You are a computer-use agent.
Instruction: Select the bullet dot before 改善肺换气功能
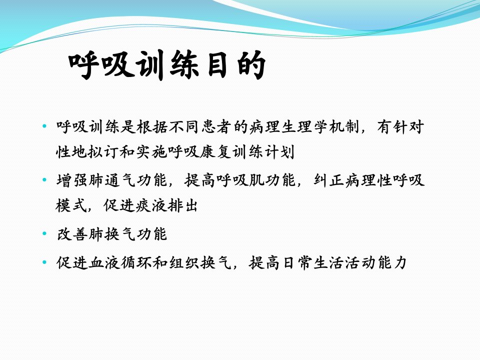45,233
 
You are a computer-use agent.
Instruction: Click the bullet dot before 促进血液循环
45,262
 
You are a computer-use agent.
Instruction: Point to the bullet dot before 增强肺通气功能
45,179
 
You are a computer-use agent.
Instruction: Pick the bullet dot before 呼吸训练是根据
45,126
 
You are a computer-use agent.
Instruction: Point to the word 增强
72,180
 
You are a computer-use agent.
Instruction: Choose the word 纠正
329,180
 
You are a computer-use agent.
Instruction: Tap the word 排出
182,205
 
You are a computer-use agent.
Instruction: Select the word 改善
72,234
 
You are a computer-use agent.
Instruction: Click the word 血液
104,262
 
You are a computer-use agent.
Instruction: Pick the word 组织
184,262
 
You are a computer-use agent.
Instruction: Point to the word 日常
296,262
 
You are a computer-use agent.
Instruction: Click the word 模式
72,205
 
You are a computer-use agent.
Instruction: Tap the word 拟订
104,151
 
